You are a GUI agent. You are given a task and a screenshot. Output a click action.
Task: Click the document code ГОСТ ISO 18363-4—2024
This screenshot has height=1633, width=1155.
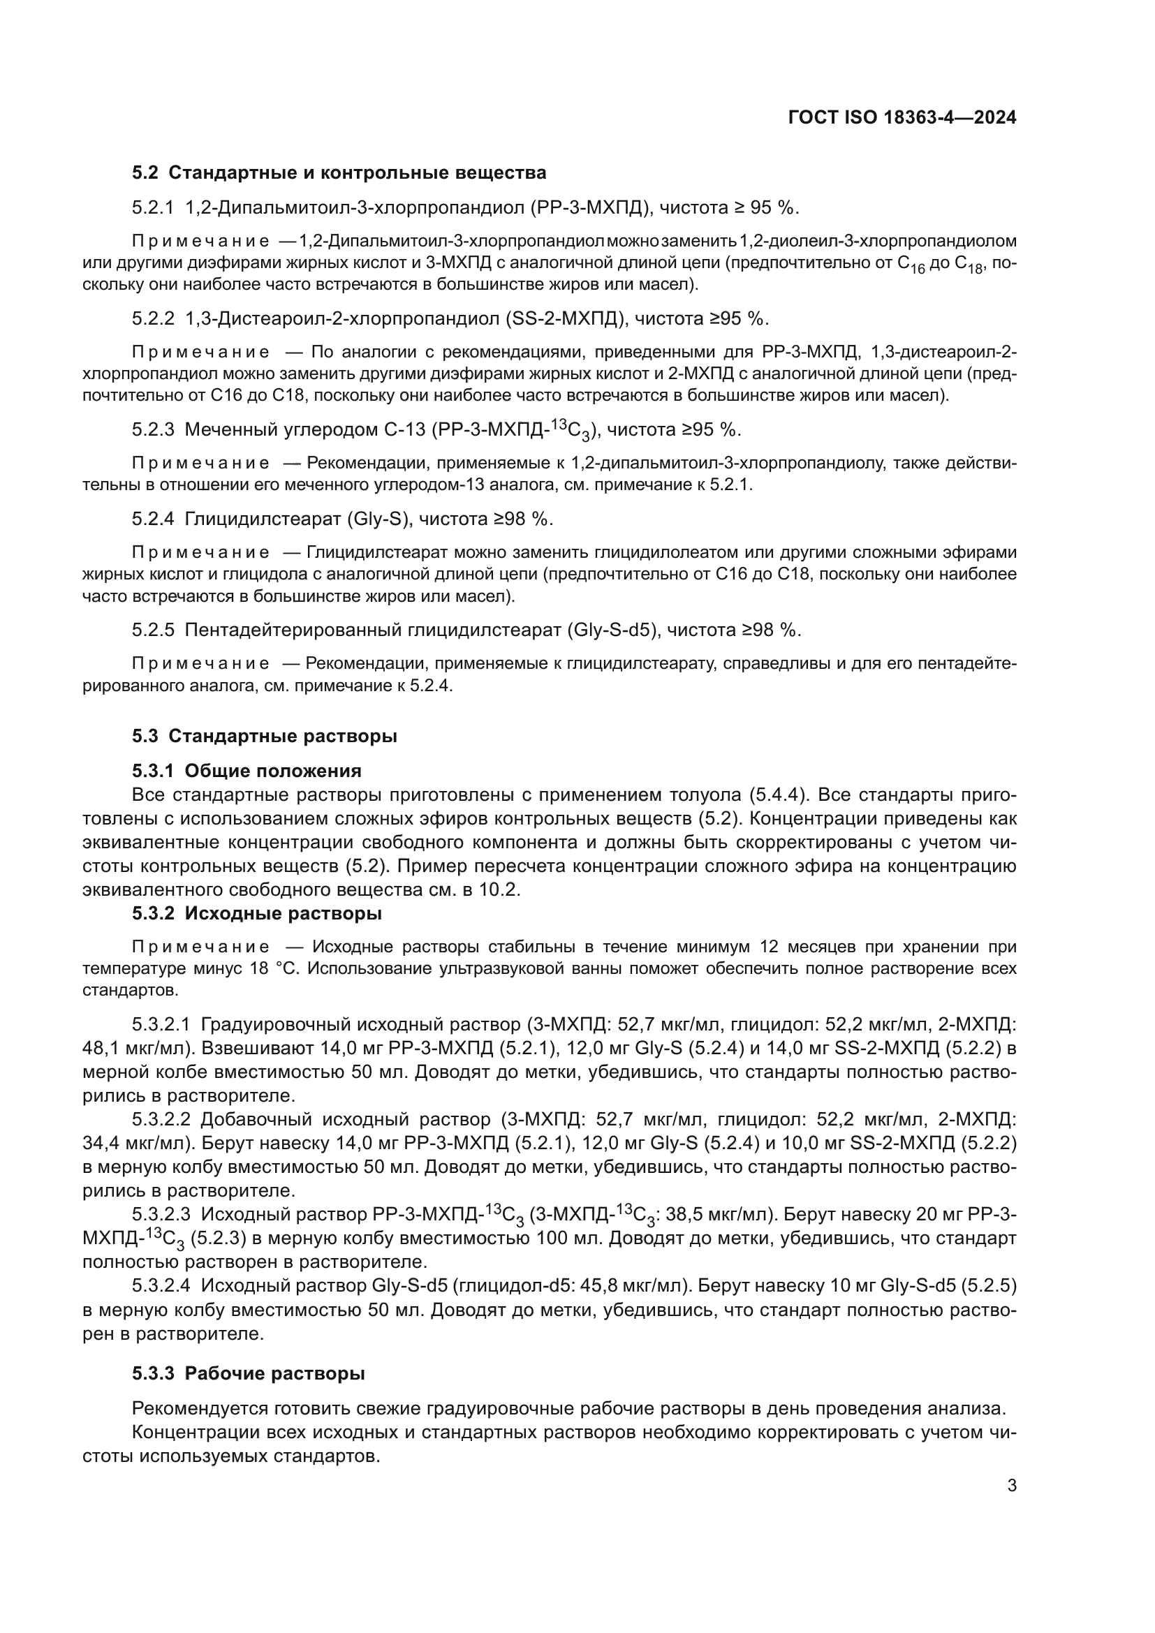[902, 118]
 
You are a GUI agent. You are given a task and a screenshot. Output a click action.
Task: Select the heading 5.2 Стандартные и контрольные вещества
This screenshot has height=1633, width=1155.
[339, 173]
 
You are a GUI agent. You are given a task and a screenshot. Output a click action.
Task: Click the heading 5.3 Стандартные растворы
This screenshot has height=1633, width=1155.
[264, 736]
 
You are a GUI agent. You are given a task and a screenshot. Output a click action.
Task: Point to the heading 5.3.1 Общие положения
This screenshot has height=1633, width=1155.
[246, 771]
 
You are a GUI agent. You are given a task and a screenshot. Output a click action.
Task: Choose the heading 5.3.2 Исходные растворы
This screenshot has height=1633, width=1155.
[256, 913]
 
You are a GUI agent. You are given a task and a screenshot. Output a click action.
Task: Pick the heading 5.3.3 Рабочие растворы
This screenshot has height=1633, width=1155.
[248, 1373]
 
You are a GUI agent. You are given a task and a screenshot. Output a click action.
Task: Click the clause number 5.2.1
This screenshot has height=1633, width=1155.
[153, 207]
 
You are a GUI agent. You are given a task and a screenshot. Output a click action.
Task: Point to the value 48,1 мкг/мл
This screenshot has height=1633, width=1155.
[131, 1048]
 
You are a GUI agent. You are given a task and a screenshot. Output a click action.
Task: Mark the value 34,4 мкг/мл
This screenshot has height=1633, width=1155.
[131, 1143]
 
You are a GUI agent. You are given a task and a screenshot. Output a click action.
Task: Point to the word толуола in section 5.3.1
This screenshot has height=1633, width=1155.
[700, 795]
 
